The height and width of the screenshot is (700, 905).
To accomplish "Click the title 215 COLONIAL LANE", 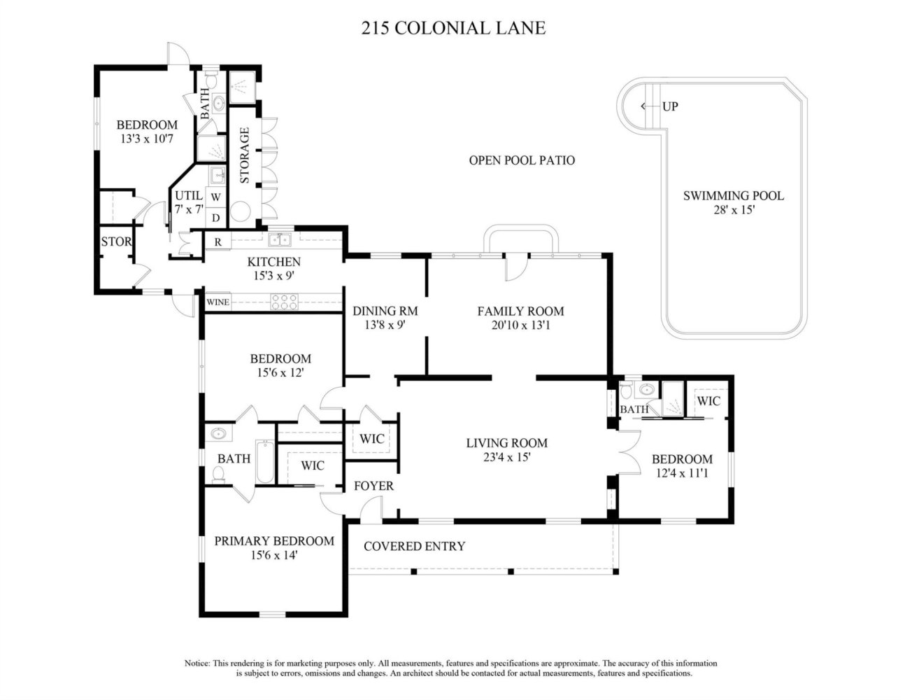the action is (x=453, y=28).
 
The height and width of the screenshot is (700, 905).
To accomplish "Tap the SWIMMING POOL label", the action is (x=734, y=195).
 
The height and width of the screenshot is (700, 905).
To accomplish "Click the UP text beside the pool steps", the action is (x=670, y=106).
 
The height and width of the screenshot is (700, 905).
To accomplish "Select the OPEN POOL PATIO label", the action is (x=522, y=160).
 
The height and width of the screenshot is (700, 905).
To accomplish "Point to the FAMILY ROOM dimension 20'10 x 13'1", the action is (x=520, y=325).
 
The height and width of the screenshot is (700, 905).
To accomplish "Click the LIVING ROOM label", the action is (x=507, y=443).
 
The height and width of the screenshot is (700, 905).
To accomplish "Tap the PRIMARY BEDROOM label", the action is (x=274, y=541).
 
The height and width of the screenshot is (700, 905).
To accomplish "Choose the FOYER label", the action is (x=373, y=486).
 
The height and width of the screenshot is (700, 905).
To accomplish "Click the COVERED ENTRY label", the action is (x=415, y=546).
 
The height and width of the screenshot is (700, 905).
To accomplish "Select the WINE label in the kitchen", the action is (x=218, y=302).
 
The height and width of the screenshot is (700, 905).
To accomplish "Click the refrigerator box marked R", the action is (x=218, y=241).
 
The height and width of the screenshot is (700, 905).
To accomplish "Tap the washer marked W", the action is (x=215, y=197).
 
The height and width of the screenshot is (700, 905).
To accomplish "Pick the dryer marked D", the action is (x=215, y=218).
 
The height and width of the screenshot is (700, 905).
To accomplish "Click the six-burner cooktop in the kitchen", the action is (x=284, y=302).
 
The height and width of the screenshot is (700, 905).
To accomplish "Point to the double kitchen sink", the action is (x=280, y=240).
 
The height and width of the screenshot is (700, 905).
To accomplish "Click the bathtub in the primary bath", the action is (x=265, y=461).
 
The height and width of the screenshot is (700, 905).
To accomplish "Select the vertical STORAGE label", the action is (x=245, y=155).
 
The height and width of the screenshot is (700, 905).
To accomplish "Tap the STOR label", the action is (x=116, y=241).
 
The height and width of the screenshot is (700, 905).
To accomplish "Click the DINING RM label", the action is (x=385, y=311).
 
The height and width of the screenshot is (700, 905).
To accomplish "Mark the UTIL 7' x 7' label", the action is (x=189, y=202).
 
